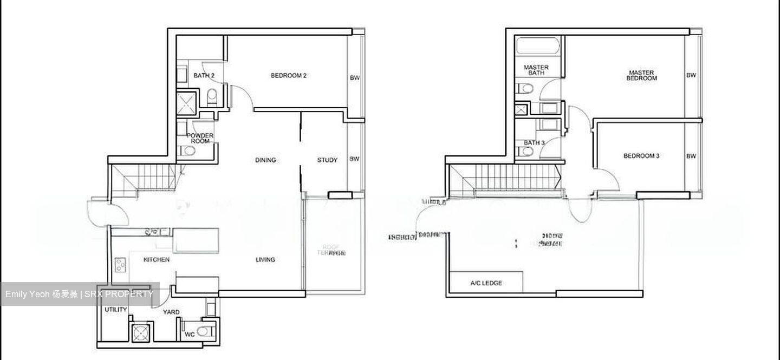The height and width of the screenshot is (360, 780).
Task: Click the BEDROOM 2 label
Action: pos(289,76)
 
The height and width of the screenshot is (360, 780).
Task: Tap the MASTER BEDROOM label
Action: pos(641,75)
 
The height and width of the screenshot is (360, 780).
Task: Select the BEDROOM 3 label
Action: pos(641,156)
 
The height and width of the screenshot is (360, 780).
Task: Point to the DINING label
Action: pos(265,160)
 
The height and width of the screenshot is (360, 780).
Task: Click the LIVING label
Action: pos(265,260)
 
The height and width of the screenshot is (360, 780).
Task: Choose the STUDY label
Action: pos(327,160)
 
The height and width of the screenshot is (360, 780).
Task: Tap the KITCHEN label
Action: pos(157,260)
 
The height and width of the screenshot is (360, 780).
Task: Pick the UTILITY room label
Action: pos(116,310)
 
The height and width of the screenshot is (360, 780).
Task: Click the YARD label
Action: pos(172,312)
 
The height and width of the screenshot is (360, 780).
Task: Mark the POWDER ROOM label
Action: pos(200,138)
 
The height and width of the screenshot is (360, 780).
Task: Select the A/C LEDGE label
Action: pos(486,283)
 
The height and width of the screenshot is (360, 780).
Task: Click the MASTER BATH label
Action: pos(536,70)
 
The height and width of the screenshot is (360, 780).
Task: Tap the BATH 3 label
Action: pos(534,143)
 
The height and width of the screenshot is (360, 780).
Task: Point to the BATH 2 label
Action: pos(204,76)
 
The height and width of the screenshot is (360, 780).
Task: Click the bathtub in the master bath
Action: pos(533,46)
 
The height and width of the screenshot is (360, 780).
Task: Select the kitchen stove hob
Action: pos(120,265)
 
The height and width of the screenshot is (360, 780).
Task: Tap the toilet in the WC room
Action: pos(203,331)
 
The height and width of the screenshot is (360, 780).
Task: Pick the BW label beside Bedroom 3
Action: pos(691,156)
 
